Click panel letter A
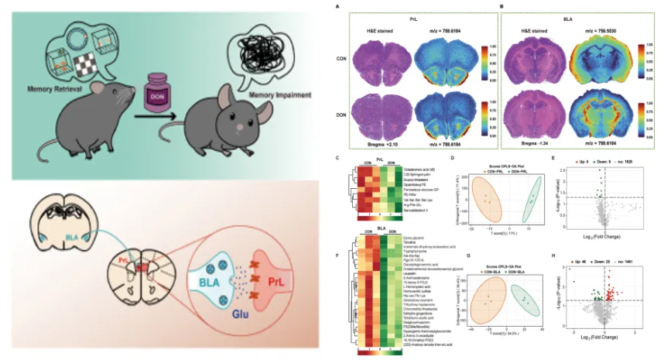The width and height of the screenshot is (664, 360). pos(337,7)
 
